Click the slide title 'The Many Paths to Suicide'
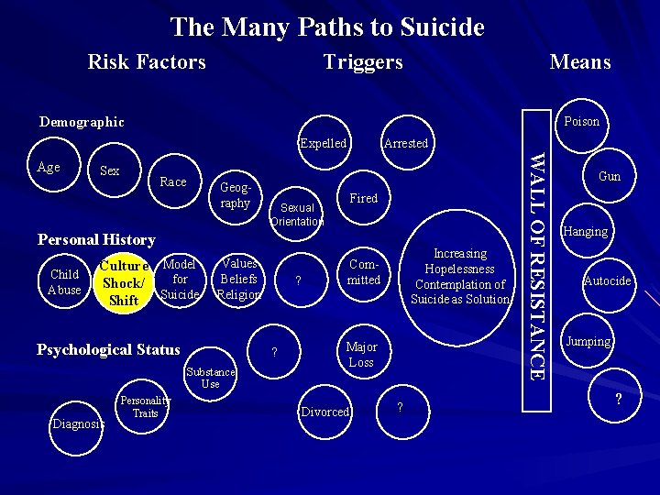[x=327, y=27]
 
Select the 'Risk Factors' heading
[x=147, y=62]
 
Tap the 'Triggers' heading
[x=363, y=62]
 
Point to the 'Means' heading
[x=579, y=62]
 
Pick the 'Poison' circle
[x=581, y=121]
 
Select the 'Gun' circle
[x=609, y=176]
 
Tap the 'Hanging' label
[x=586, y=231]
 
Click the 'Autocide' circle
[x=607, y=280]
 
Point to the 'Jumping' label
[x=588, y=341]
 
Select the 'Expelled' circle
[x=323, y=143]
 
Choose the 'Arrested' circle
[x=405, y=143]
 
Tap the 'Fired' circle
[x=364, y=198]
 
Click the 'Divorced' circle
[x=325, y=412]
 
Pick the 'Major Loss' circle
[x=361, y=355]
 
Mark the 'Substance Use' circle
[x=210, y=377]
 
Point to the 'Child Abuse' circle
[x=64, y=282]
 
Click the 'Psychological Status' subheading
[x=107, y=349]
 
